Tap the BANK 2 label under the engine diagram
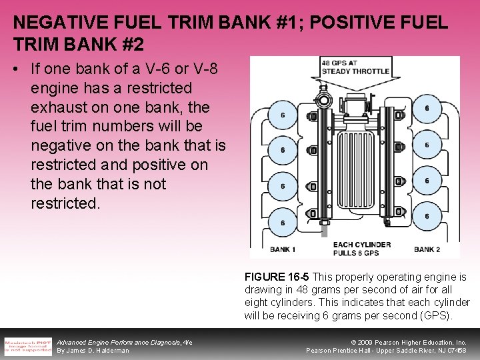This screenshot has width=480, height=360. [x=427, y=250]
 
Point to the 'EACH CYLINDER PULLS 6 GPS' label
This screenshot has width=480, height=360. [x=361, y=249]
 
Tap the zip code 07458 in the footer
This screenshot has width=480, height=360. [x=456, y=351]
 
